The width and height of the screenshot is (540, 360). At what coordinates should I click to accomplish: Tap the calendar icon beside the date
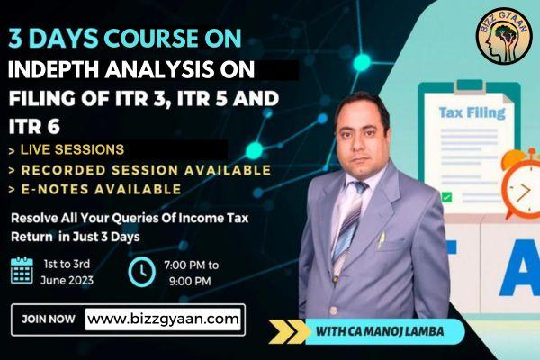[22, 270]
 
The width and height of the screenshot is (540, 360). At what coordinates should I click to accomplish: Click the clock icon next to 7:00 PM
[141, 271]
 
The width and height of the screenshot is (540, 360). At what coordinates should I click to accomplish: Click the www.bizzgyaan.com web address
[165, 318]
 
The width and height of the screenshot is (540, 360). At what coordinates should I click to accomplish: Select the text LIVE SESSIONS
[72, 148]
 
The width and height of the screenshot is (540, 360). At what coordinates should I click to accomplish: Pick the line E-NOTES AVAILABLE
[99, 189]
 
